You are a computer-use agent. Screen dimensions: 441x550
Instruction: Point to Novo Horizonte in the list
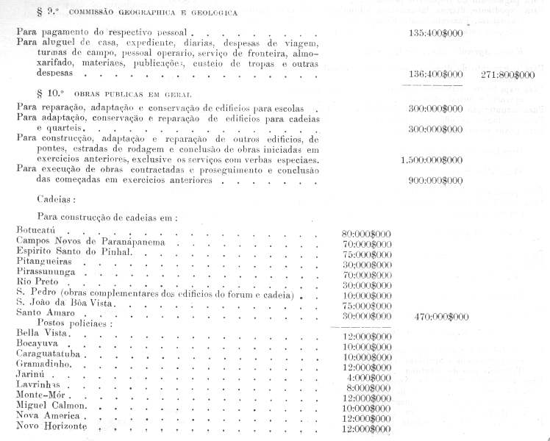click(51, 427)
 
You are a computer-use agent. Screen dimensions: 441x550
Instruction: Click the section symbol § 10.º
click(49, 96)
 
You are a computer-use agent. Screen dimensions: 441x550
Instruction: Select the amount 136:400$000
click(436, 75)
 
